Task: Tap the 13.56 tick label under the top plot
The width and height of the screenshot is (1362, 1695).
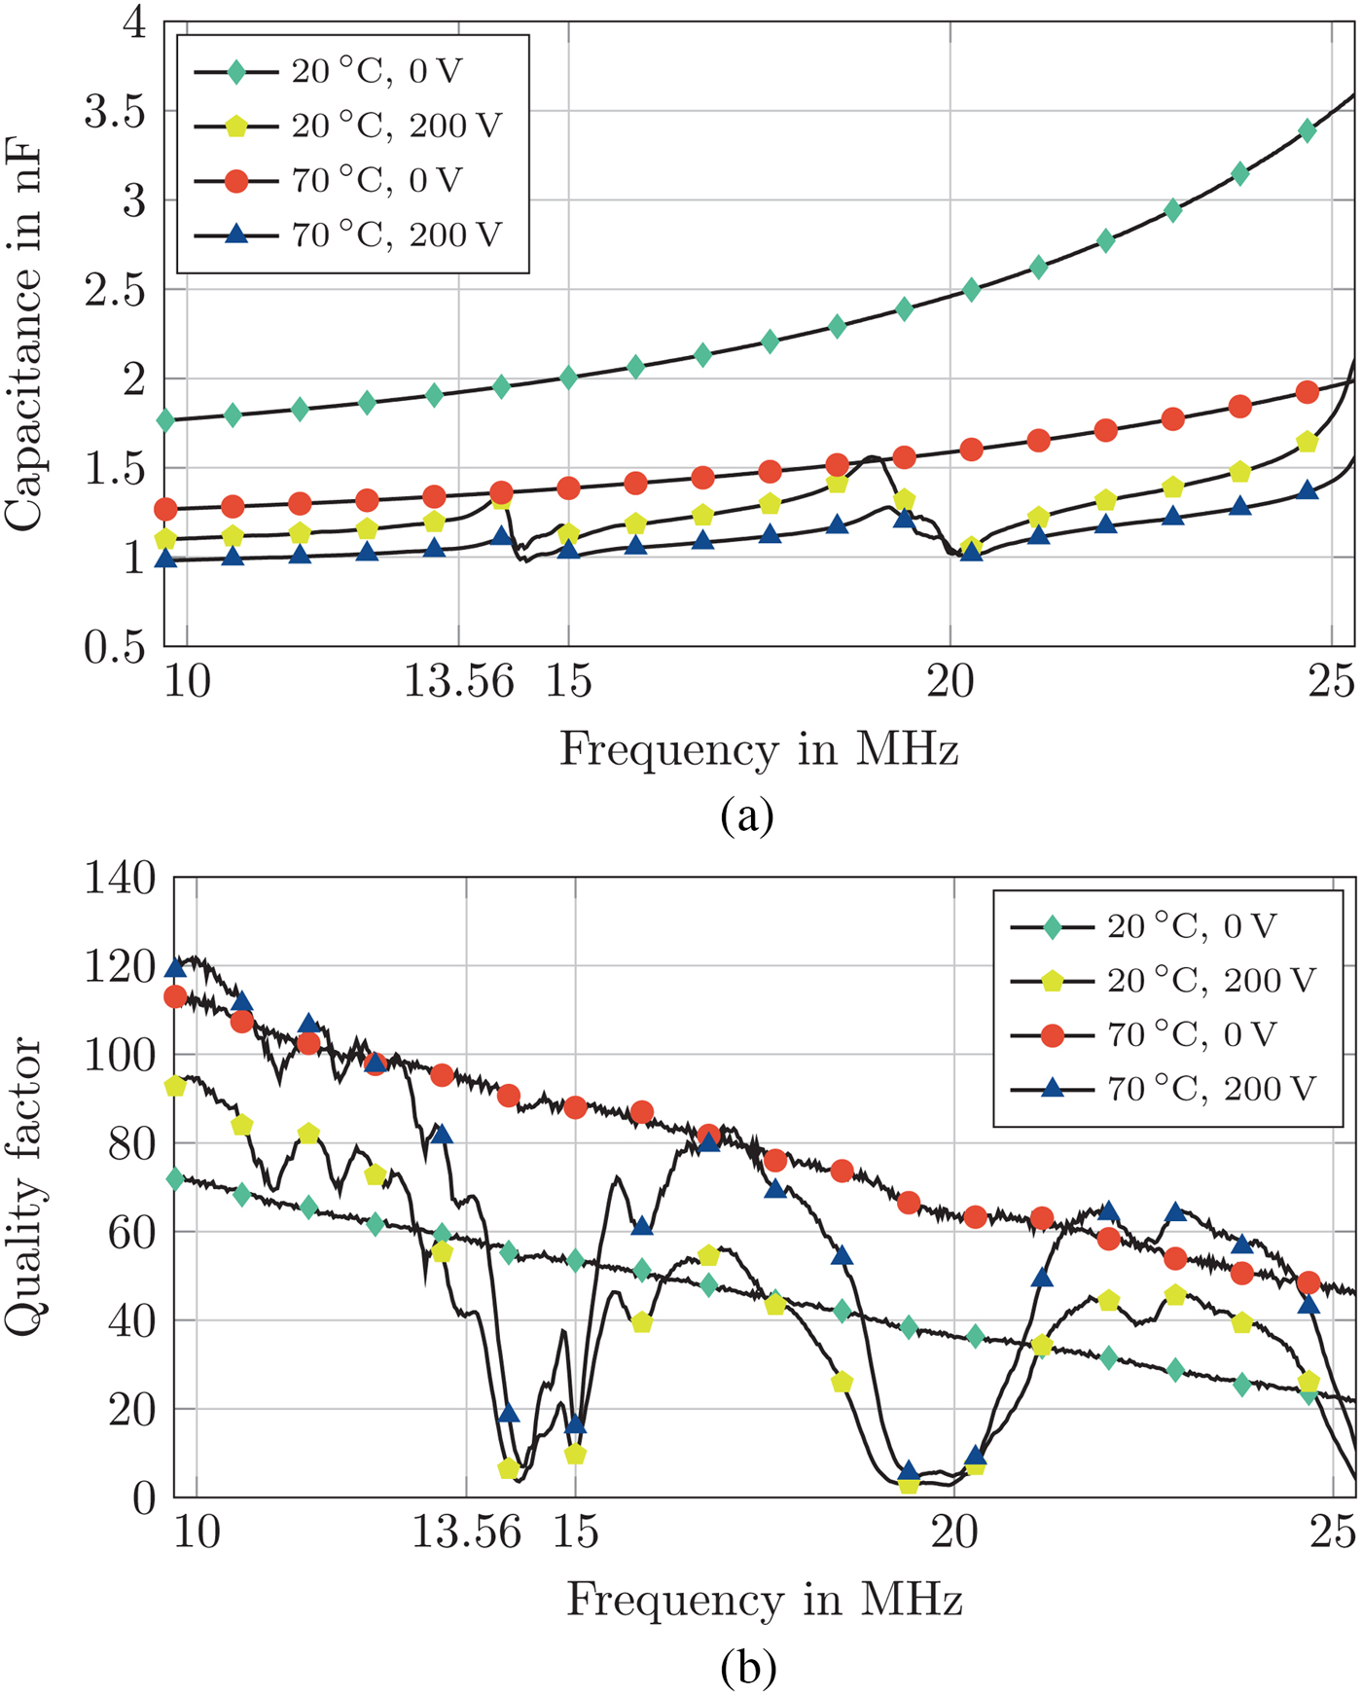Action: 458,682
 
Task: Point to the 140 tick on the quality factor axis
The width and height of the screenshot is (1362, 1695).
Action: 120,879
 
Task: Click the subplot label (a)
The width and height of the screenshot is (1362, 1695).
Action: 747,815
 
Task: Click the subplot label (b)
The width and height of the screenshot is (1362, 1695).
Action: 748,1667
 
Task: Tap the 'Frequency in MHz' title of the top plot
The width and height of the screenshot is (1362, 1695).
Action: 759,750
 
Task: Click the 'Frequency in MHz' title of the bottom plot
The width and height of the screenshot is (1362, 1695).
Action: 765,1601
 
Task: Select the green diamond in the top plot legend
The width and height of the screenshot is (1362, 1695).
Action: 236,72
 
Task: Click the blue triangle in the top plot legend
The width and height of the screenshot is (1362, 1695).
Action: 236,234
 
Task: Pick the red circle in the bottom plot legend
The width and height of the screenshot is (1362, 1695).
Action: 1053,1035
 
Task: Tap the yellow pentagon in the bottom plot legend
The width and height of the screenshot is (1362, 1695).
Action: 1053,981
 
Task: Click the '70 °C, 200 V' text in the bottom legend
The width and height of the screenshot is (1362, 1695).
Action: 1211,1089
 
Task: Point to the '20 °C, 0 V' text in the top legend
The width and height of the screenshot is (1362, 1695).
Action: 377,72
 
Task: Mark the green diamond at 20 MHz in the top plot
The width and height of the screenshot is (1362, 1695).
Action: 971,290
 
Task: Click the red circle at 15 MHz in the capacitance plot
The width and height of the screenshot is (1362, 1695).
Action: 569,488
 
